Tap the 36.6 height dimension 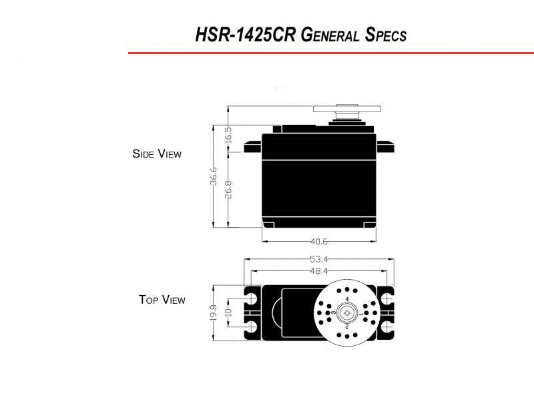tap(214, 176)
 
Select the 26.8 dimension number tap(228, 190)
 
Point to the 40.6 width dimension tap(319, 242)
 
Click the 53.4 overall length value tap(319, 259)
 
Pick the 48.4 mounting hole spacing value tap(319, 271)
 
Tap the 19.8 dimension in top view tap(214, 313)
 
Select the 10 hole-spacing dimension tap(228, 313)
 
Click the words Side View tap(157, 154)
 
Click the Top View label tap(162, 299)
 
